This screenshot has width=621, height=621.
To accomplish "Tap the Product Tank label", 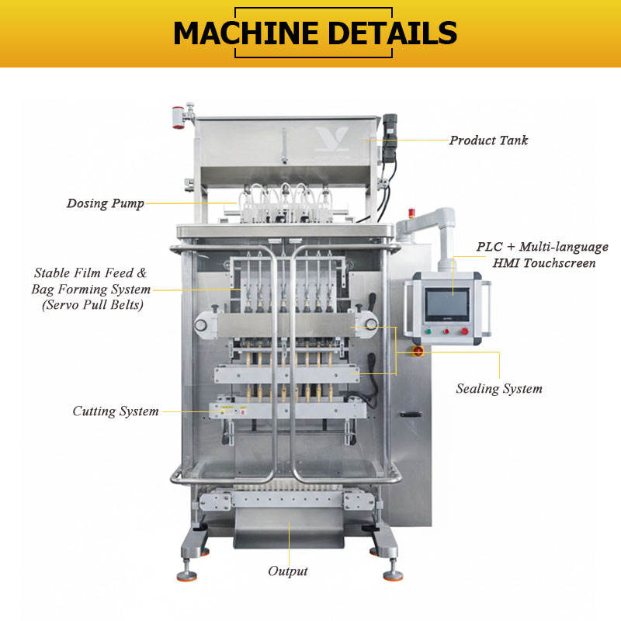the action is coord(489,141).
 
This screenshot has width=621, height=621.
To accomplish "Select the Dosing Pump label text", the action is coord(105,204).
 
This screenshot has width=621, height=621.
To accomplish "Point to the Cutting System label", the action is coord(116,411).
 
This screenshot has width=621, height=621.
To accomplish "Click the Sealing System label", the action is coord(499,388).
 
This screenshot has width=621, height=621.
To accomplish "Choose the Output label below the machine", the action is coord(288,571).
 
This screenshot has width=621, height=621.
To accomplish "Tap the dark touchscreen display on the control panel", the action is coord(446,301).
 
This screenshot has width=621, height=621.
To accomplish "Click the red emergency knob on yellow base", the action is coord(418,352).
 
